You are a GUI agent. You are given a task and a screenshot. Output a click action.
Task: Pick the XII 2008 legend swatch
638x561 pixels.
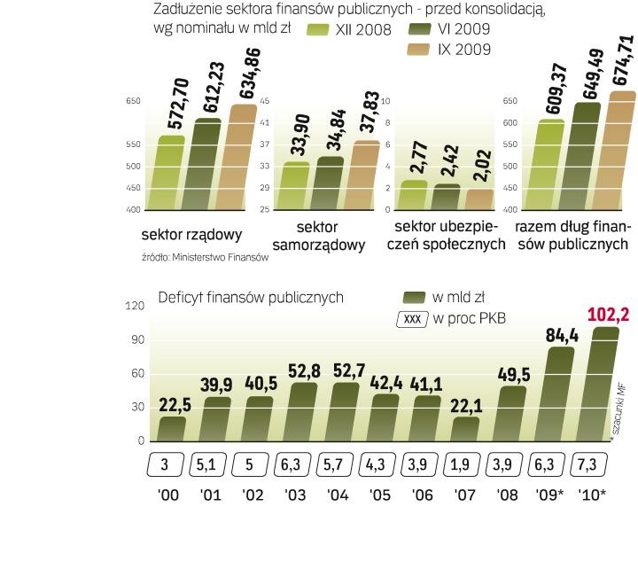click(x=318, y=30)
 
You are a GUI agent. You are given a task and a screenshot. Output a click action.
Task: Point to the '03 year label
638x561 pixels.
click(x=295, y=495)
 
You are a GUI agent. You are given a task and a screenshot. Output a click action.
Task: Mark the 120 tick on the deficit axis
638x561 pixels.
click(x=134, y=306)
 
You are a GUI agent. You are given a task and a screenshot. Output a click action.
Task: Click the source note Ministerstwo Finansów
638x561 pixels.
click(x=204, y=258)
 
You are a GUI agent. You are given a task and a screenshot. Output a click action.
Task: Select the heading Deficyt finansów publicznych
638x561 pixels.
click(x=250, y=298)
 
